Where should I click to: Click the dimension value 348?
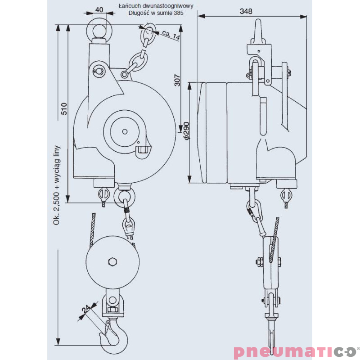(246, 11)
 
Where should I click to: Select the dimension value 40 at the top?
(99, 9)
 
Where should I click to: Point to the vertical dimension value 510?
(64, 108)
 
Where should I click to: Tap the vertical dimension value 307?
(177, 80)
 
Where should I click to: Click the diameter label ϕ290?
(187, 130)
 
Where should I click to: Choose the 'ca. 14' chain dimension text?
(171, 35)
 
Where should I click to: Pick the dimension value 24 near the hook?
(85, 309)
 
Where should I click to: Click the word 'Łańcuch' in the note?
(128, 6)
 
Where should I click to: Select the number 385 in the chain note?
(178, 13)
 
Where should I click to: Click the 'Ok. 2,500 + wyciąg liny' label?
(56, 185)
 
